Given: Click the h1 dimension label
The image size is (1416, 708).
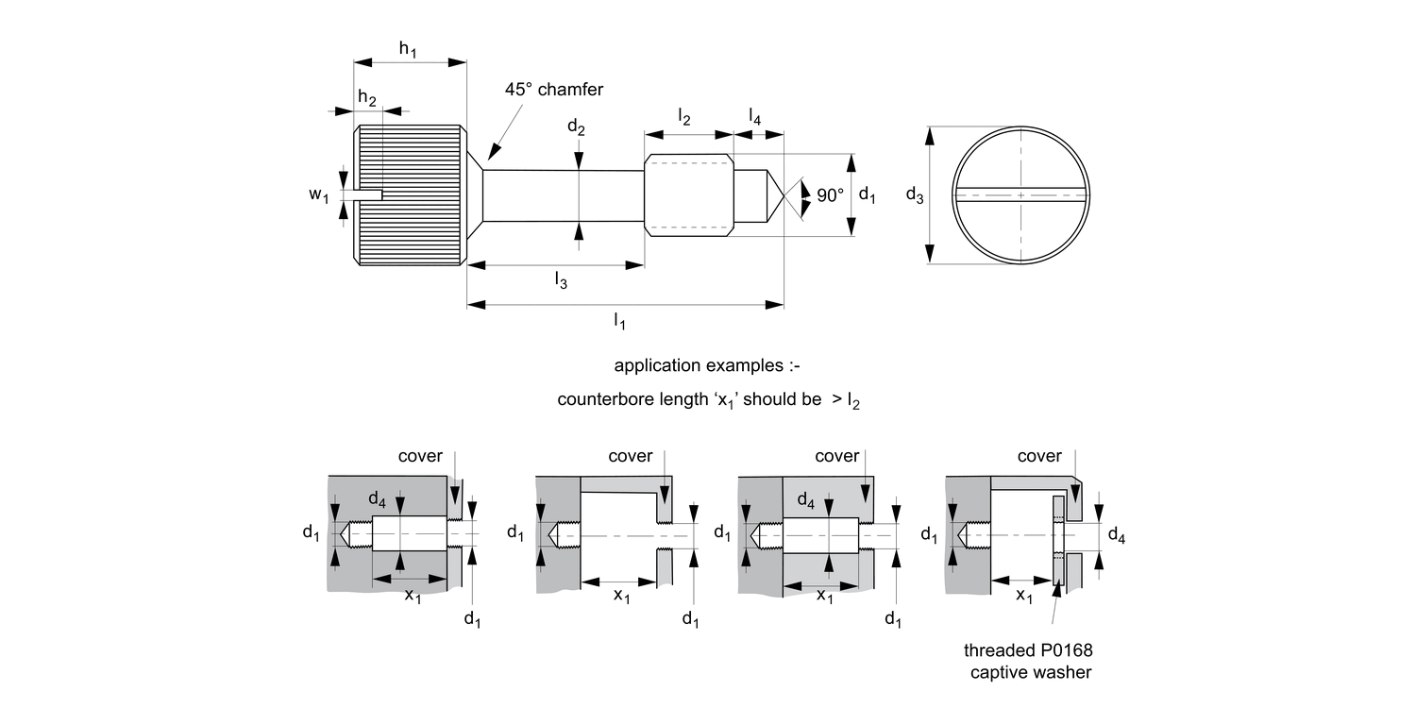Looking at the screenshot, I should coord(408,50).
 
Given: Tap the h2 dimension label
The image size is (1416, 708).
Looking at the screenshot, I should coord(367,98).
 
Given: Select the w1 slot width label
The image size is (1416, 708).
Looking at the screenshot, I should coord(319,195).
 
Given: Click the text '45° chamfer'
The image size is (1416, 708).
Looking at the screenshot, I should coord(553,90).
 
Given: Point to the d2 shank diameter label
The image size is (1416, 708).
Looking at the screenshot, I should coord(576,127).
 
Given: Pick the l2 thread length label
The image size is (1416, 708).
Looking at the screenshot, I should coord(684,118).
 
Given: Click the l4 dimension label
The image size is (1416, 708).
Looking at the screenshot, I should coord(755,116).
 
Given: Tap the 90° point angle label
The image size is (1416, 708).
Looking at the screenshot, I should coord(830,195).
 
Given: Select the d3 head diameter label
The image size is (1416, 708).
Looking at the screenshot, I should coord(914,195).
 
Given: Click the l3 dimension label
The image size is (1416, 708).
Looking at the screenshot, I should coord(561,280).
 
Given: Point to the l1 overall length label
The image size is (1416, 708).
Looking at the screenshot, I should coord(619,322).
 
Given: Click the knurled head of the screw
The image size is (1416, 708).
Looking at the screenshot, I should coord(411,195).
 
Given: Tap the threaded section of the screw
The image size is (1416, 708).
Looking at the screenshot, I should coord(689,195).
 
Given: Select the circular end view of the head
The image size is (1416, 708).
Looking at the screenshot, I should coord(1020,195).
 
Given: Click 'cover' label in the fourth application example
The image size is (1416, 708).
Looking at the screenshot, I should coord(1039,457).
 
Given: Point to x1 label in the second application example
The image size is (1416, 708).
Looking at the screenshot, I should coord(622,596).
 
